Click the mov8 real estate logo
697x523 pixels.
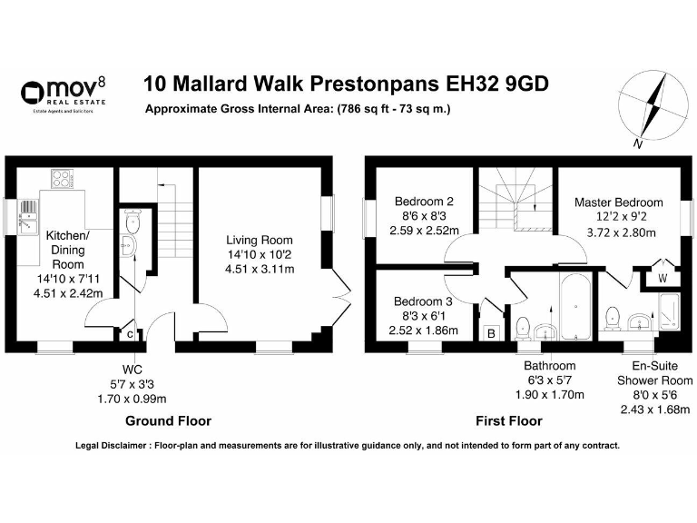(64, 94)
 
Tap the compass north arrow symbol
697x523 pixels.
(653, 108)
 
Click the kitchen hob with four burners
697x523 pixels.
(63, 179)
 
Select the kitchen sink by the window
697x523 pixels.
(28, 216)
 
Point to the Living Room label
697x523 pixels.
(260, 240)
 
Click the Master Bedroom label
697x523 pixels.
(619, 202)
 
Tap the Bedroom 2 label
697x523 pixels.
(424, 201)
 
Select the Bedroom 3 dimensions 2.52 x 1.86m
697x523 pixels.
(423, 331)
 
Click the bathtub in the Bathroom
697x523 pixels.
(575, 307)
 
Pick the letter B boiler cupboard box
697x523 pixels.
(491, 333)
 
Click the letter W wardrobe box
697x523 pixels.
(663, 279)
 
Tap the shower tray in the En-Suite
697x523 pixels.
(670, 311)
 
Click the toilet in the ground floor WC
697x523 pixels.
(133, 222)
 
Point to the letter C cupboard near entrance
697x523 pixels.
(130, 334)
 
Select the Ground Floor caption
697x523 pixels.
(169, 420)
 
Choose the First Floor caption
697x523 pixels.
(509, 420)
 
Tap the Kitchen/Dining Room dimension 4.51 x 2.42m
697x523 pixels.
(68, 293)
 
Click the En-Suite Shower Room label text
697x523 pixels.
(654, 373)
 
